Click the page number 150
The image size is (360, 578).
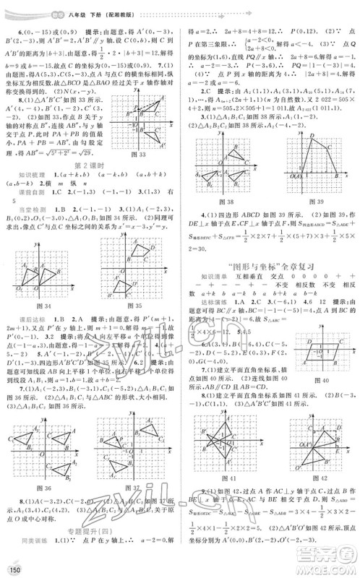(12, 571)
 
